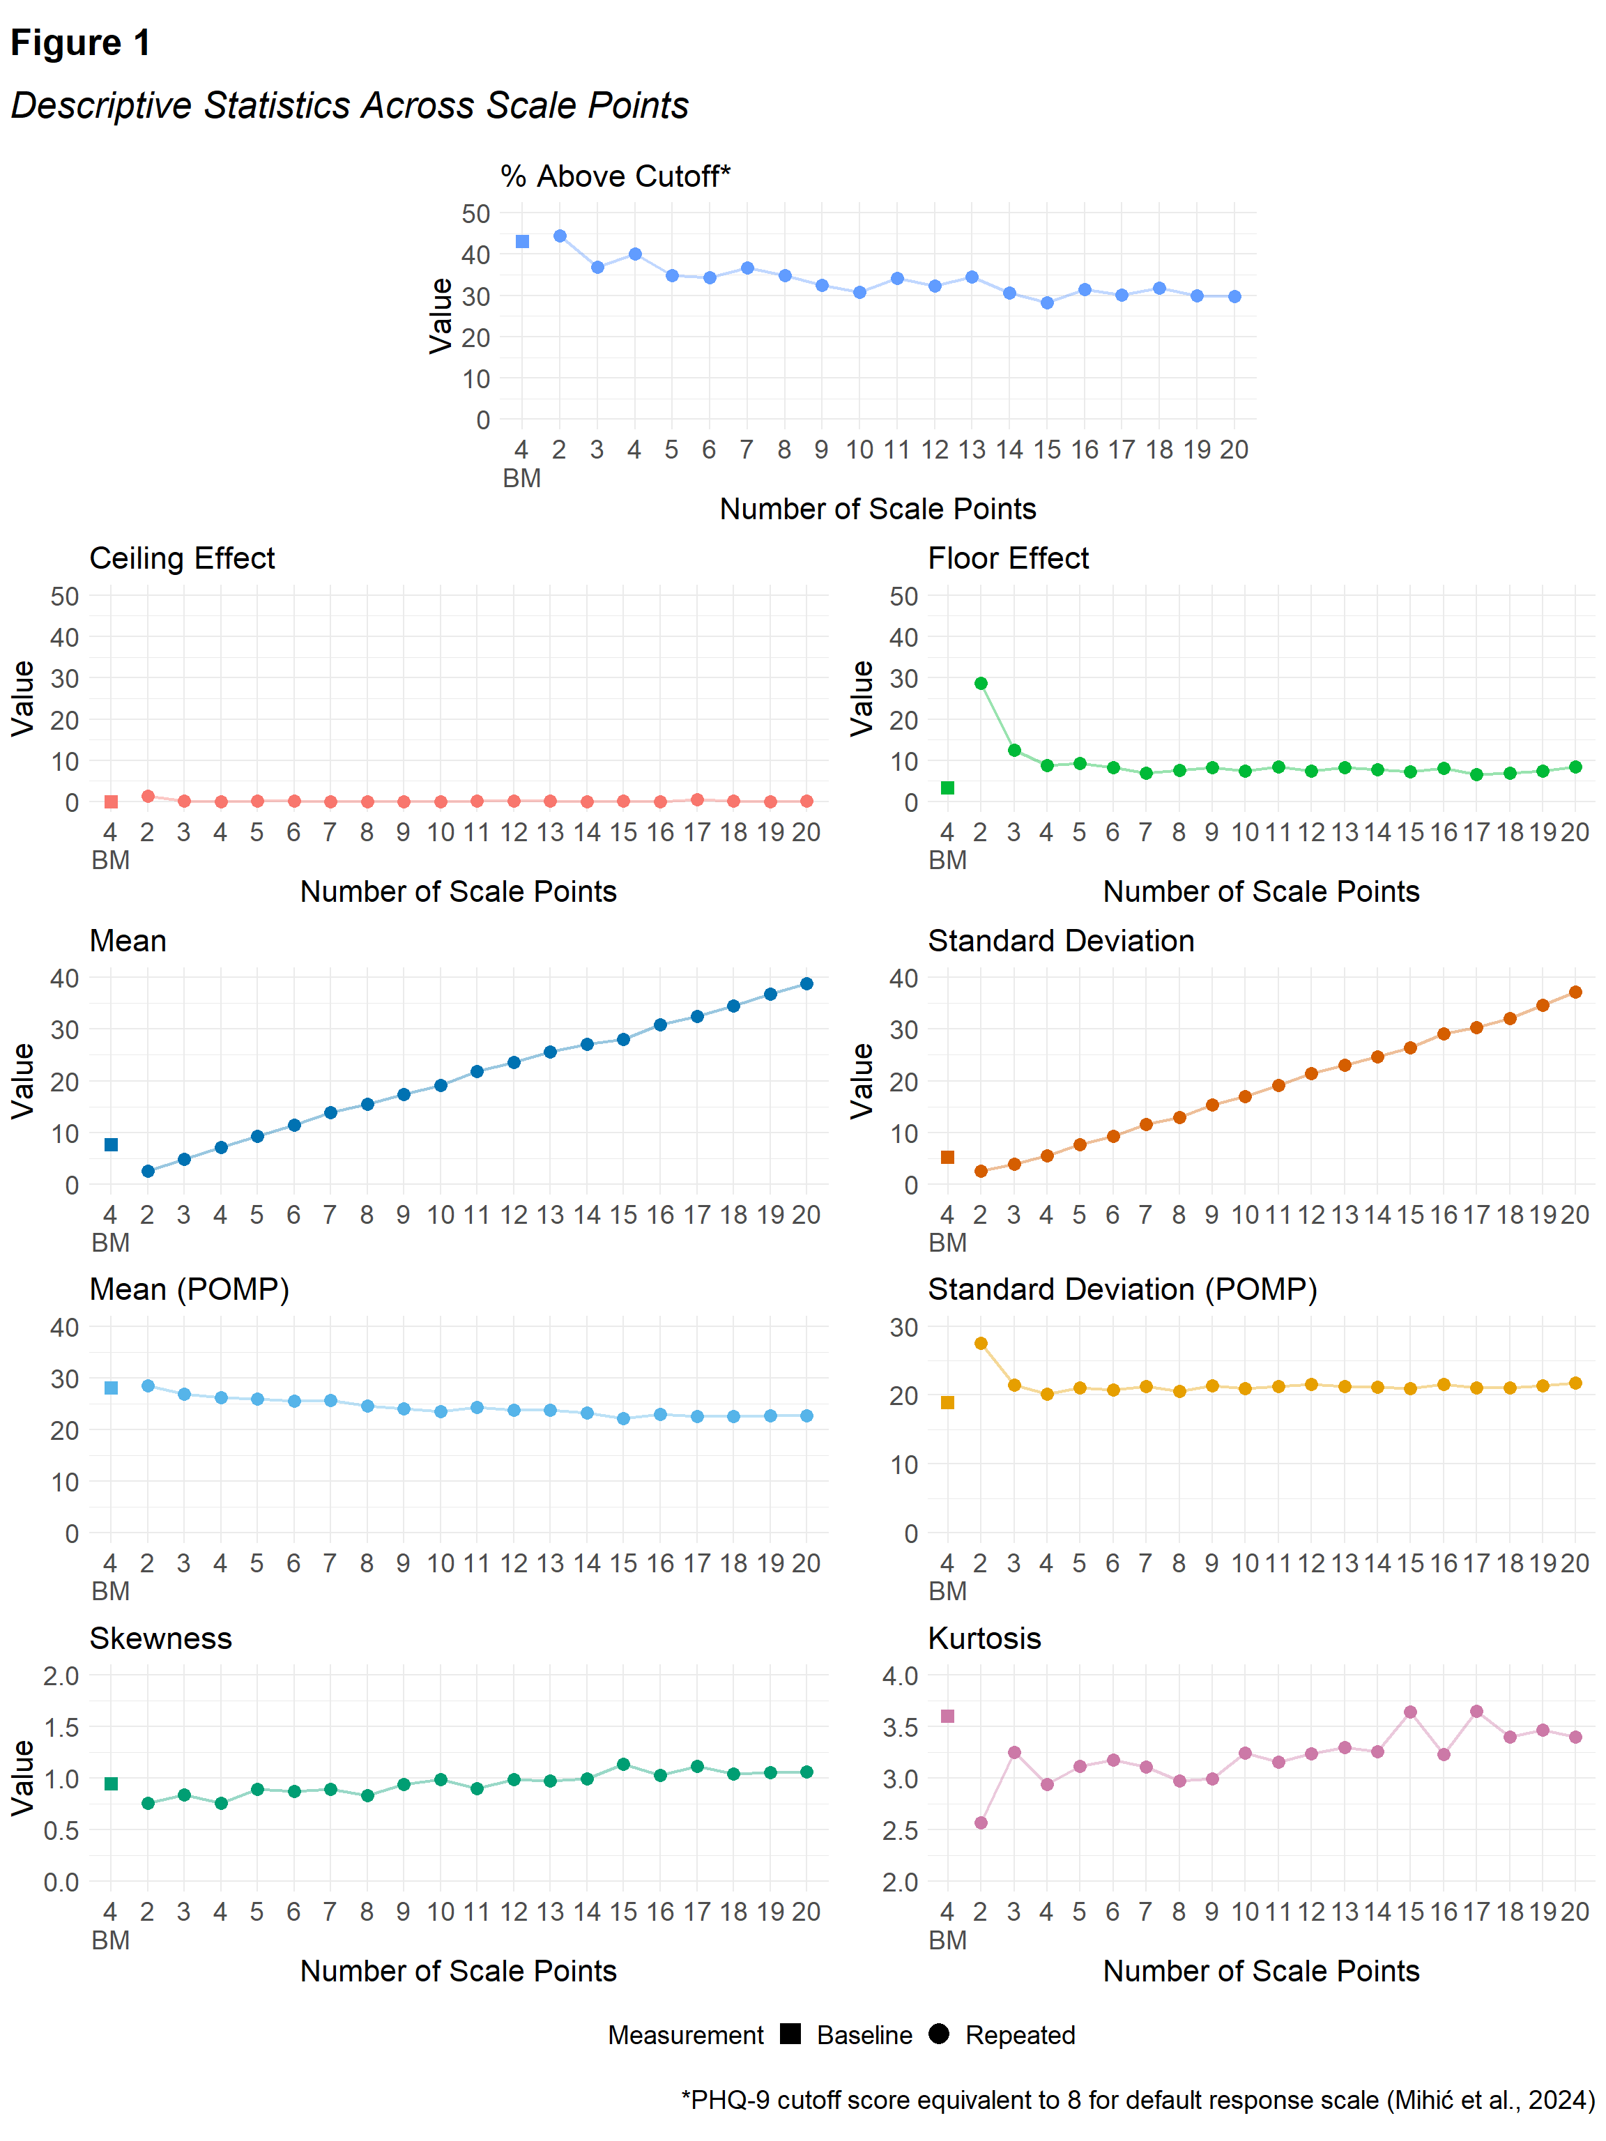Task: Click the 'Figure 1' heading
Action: pos(80,43)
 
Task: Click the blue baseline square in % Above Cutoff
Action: pos(523,242)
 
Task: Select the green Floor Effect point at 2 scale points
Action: pos(981,683)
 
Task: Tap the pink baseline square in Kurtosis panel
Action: pos(948,1716)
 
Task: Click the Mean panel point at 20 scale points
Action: pos(806,984)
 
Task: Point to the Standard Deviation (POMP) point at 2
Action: pos(981,1344)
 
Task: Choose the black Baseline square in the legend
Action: pos(791,2034)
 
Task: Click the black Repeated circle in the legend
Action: pos(938,2034)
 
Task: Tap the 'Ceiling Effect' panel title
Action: pos(182,558)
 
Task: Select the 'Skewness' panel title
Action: pos(161,1639)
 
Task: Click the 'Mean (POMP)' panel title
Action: pos(190,1289)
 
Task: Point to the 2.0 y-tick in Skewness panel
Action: pos(61,1675)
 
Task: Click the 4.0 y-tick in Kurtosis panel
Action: pos(901,1675)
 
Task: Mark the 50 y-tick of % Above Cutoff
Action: pos(475,214)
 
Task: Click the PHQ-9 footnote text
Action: pos(1138,2101)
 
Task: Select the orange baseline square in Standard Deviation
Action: pos(948,1158)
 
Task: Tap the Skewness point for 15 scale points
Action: pos(623,1765)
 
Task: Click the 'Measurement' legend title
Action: pos(685,2036)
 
